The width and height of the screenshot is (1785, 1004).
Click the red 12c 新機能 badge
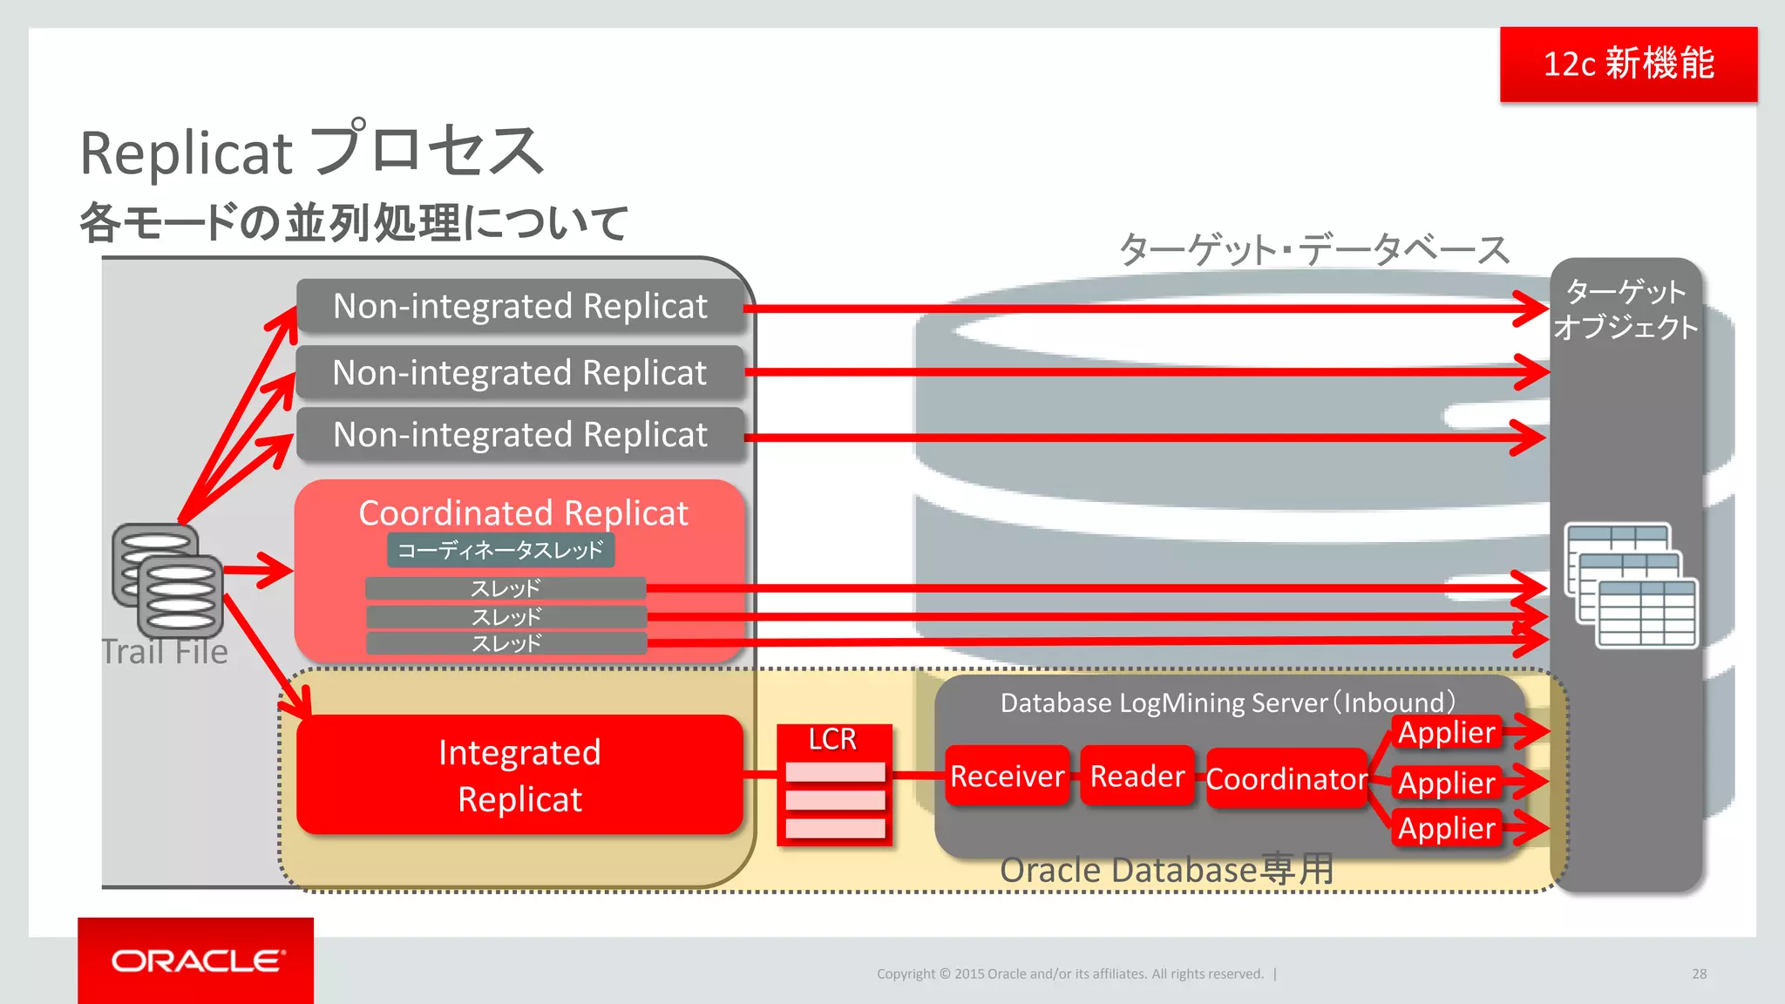tap(1628, 64)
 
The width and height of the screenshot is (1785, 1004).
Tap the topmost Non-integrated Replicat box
tap(520, 307)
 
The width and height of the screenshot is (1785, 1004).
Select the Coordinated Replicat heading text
tap(523, 512)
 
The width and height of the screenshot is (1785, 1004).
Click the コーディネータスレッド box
tap(500, 550)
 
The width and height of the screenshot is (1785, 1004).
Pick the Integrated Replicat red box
tap(519, 775)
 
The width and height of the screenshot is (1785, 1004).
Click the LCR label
tap(832, 739)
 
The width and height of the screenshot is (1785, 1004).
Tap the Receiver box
tap(1007, 776)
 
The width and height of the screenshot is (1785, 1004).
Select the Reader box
tap(1137, 776)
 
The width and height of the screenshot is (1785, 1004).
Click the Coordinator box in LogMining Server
tap(1286, 778)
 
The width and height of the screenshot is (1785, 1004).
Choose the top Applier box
tap(1446, 732)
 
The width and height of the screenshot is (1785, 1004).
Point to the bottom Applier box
tap(1446, 828)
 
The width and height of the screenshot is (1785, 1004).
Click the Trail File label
tap(164, 652)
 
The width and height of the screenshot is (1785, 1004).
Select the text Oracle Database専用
tap(1166, 870)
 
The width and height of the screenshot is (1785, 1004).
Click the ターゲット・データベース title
tap(1313, 250)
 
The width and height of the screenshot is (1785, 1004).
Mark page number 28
tap(1699, 973)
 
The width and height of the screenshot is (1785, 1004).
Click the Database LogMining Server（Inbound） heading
tap(1227, 702)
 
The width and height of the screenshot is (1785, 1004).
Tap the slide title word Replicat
tap(186, 153)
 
